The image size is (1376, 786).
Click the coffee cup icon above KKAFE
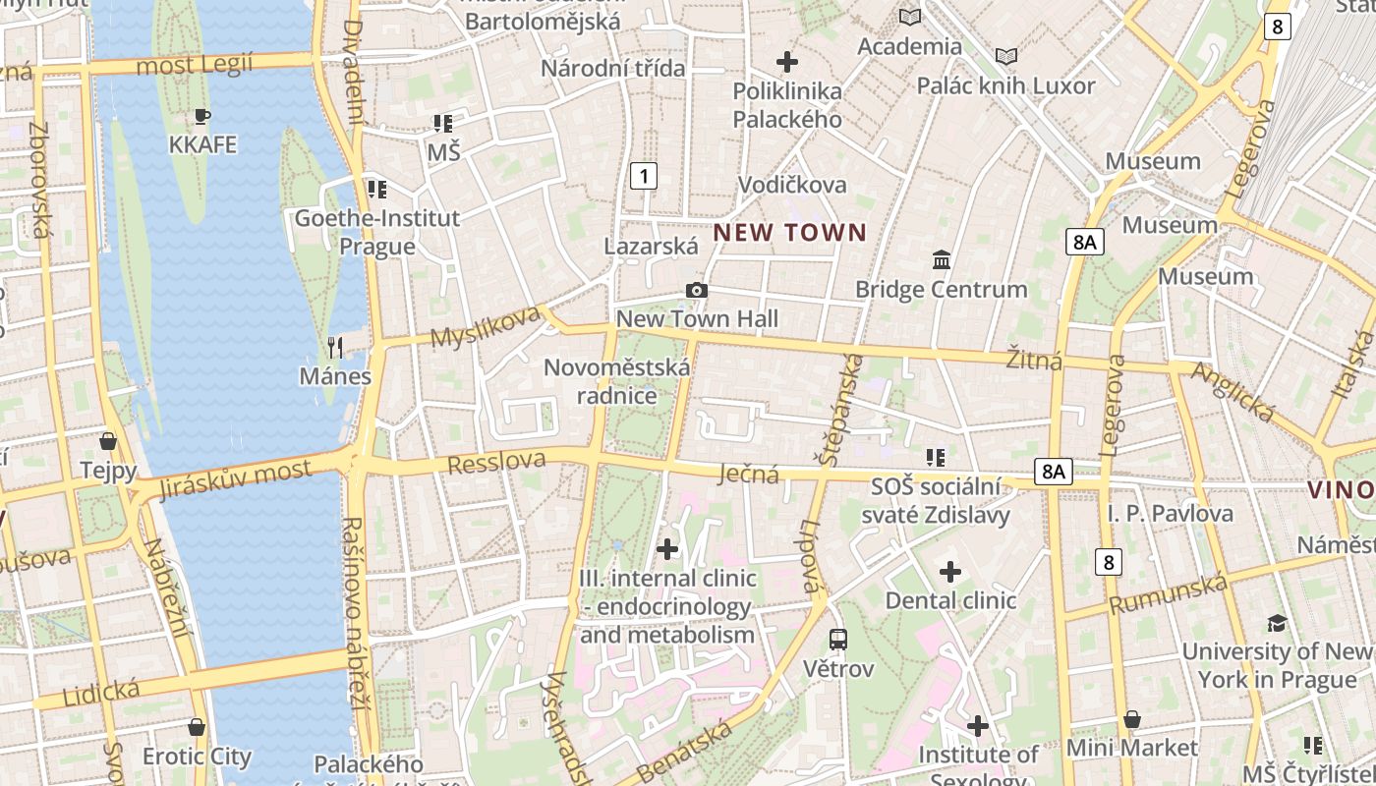[x=202, y=117]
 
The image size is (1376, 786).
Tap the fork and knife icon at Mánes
[x=335, y=347]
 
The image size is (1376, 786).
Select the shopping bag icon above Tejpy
[x=108, y=441]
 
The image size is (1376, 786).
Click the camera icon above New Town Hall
[x=697, y=290]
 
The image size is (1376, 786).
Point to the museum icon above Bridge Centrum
[x=942, y=260]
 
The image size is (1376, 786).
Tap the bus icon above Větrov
[x=838, y=640]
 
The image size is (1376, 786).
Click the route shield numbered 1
[x=643, y=176]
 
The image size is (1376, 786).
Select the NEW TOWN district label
[x=790, y=233]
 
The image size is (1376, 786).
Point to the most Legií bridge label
[x=194, y=65]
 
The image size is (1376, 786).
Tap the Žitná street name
[x=1033, y=361]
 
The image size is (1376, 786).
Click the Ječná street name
[x=749, y=475]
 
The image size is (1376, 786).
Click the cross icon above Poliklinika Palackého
[x=787, y=62]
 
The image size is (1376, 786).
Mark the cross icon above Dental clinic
[x=950, y=571]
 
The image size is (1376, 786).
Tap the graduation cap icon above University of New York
[x=1277, y=623]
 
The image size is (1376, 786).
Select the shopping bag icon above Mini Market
[x=1132, y=720]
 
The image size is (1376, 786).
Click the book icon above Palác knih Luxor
[x=1005, y=56]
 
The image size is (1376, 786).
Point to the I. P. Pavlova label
[x=1170, y=513]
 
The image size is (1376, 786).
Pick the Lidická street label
[x=101, y=692]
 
